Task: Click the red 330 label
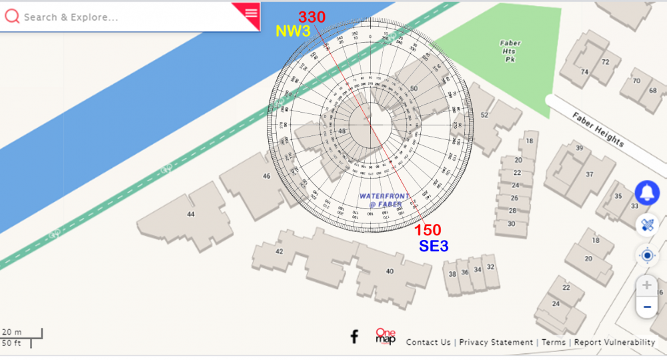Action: point(311,17)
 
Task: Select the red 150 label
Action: point(428,230)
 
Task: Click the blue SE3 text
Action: point(434,246)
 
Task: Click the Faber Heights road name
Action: point(598,129)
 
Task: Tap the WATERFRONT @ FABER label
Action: point(382,200)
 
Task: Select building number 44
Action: point(191,214)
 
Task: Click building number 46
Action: point(267,176)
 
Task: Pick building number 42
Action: point(279,251)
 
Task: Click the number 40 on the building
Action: point(390,271)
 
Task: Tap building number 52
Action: point(484,115)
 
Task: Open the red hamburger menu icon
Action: point(251,13)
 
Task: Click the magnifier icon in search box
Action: point(12,17)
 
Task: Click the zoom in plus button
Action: point(646,285)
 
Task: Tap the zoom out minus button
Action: point(646,307)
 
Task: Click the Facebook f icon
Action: point(355,337)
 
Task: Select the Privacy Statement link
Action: point(496,342)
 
